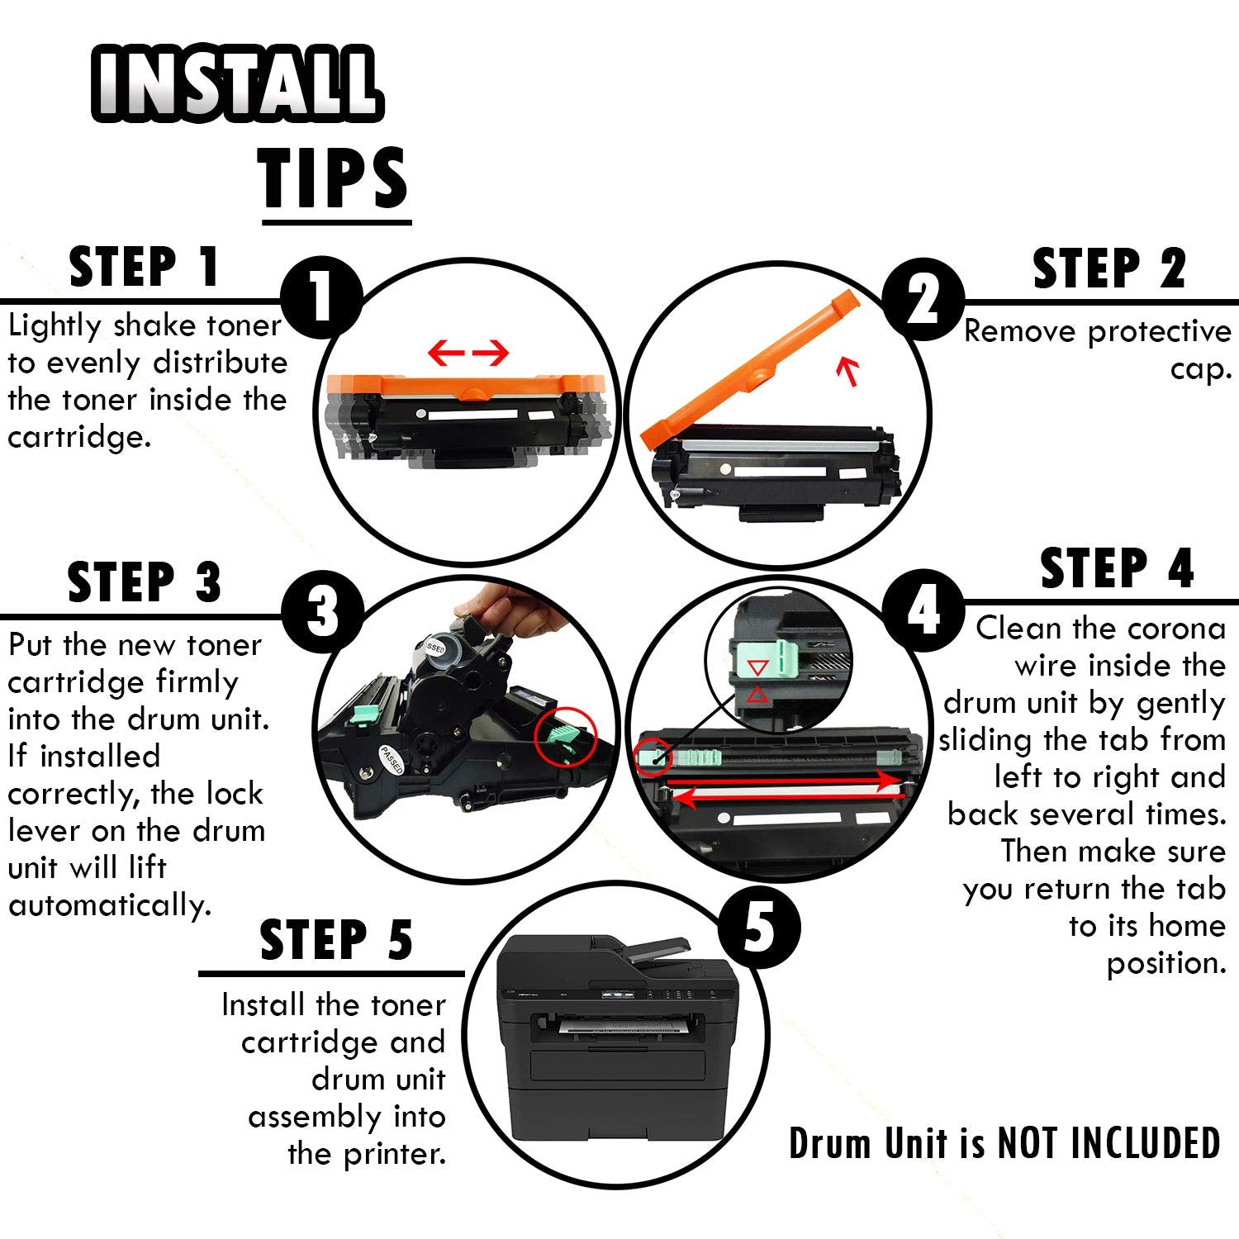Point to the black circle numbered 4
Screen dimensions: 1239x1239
click(x=923, y=611)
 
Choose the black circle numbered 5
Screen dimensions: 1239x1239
click(x=759, y=928)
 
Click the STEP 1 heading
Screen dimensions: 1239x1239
click(x=144, y=267)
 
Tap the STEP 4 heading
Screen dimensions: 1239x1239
click(x=1117, y=568)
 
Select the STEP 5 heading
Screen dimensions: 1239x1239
click(x=336, y=940)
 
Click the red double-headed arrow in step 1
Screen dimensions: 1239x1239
click(x=468, y=354)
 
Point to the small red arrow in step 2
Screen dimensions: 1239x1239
click(x=847, y=370)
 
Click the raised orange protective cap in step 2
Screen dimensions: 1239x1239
click(x=752, y=368)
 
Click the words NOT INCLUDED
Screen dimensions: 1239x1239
click(x=1108, y=1144)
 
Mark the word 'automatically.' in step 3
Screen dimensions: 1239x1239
click(x=111, y=906)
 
